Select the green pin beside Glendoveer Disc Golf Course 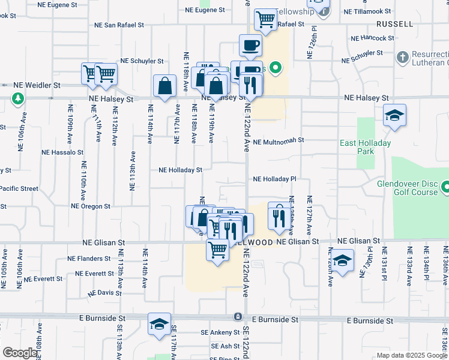point(444,188)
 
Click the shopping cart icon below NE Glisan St point(217,249)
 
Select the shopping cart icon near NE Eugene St point(265,19)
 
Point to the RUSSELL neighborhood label point(395,24)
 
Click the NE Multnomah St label point(279,141)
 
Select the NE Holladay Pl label point(275,179)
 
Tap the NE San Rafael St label point(119,25)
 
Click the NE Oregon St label point(91,206)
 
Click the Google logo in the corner point(20,353)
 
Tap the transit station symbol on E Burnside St point(238,316)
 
